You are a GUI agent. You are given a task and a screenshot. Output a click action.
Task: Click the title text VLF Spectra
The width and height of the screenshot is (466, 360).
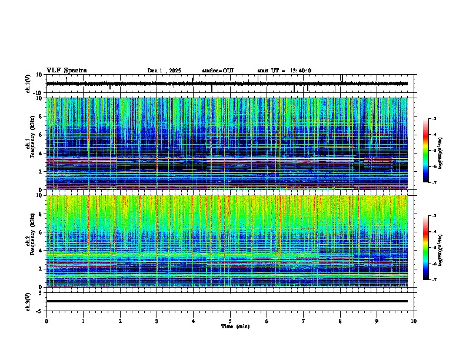[x=66, y=71]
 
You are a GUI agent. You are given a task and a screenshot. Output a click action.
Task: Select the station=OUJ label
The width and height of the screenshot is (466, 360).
[x=218, y=71]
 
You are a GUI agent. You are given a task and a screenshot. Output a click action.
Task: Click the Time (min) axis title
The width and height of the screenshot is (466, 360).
[x=235, y=326]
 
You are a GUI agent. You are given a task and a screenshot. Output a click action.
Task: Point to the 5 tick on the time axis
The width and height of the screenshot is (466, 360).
[x=230, y=321]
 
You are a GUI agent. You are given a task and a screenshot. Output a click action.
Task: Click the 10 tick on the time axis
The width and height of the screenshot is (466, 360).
[x=414, y=321]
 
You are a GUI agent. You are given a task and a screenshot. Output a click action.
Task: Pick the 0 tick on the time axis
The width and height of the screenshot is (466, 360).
[x=46, y=321]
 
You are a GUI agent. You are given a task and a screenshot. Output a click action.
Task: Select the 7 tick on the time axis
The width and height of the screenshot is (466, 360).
[x=304, y=321]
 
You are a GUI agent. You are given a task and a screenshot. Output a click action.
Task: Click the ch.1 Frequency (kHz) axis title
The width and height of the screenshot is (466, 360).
[x=29, y=144]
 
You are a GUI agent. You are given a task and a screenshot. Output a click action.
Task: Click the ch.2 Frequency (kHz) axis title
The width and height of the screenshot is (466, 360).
[x=29, y=241]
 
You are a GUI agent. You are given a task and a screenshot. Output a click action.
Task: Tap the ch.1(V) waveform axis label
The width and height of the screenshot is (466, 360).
[x=28, y=84]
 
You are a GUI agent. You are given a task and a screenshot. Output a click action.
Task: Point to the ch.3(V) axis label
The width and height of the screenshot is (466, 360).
[x=28, y=301]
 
